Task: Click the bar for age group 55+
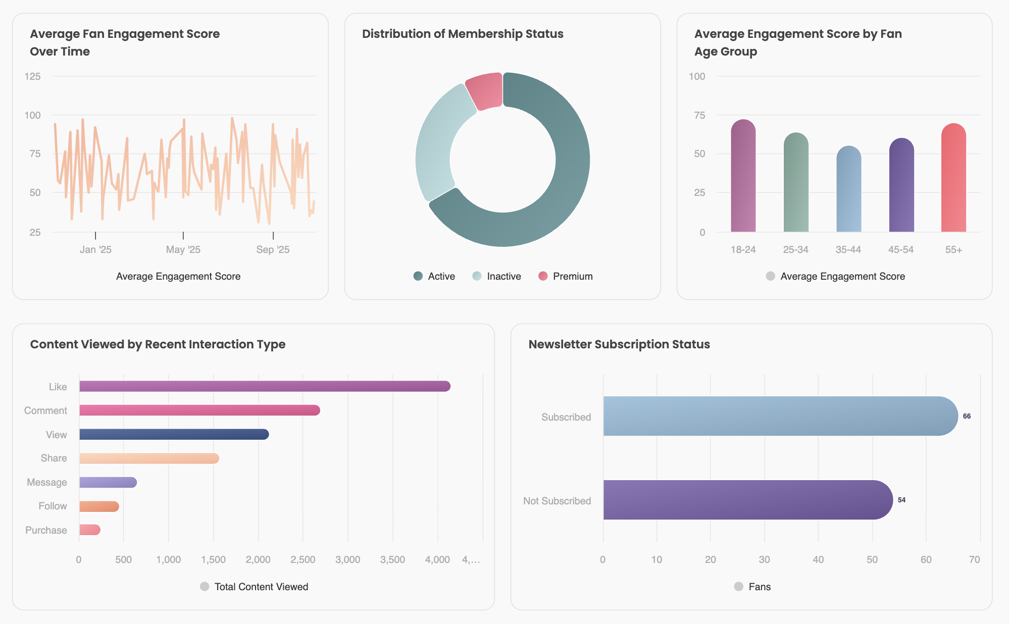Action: (x=953, y=179)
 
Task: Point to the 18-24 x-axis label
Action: (x=743, y=250)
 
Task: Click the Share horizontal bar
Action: (x=149, y=458)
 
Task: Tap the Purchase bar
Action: (x=90, y=530)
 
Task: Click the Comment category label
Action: (x=45, y=411)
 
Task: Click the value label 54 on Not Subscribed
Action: (x=901, y=500)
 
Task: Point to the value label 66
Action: (x=967, y=417)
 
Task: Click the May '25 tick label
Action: (x=183, y=250)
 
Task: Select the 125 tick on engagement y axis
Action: (x=33, y=77)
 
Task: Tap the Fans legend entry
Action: (x=752, y=587)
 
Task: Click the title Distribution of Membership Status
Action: (x=463, y=34)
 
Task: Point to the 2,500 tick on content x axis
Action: (x=302, y=560)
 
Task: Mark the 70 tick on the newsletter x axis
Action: (x=974, y=560)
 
